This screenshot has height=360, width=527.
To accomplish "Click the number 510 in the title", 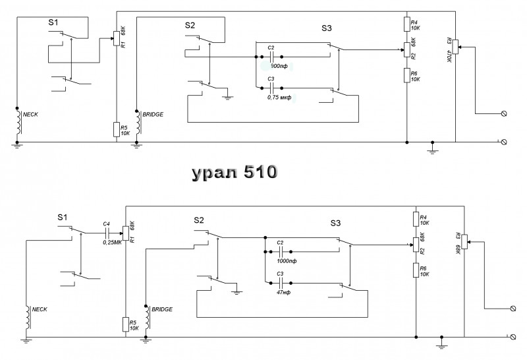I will click(260, 173).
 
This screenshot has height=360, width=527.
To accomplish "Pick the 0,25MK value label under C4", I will click(113, 242).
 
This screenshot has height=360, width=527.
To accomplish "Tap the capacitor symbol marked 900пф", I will click(271, 57).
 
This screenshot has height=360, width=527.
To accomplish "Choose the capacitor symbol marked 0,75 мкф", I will click(271, 88).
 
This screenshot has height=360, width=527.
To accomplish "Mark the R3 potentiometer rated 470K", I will click(455, 48).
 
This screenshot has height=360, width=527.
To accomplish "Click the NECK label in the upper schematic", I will click(31, 114).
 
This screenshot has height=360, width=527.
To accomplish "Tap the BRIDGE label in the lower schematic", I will click(162, 309).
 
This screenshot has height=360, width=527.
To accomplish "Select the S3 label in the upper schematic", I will click(327, 28).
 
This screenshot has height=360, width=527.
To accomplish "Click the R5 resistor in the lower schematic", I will click(125, 324).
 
